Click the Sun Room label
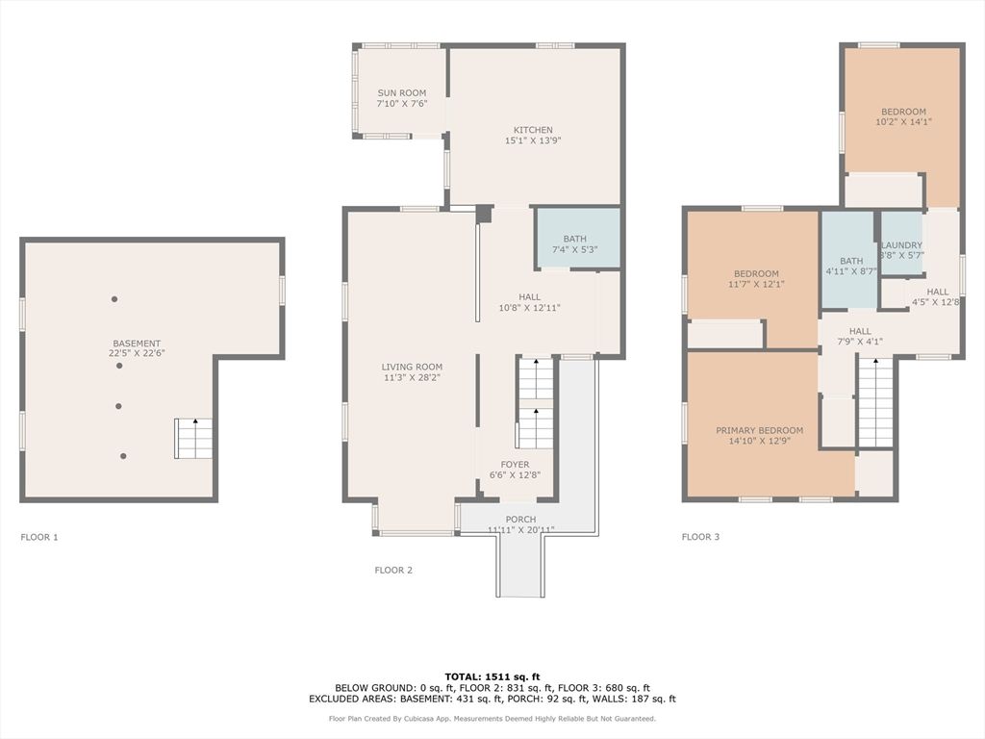coord(401,93)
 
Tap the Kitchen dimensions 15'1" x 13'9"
coord(532,140)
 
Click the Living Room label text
coord(412,367)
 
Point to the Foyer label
coord(515,465)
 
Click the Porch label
coord(521,520)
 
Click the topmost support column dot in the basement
coord(114,299)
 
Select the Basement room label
coord(137,344)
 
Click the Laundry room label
coord(901,245)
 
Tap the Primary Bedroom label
coord(759,430)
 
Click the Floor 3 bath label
coord(851,261)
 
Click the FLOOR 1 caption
coord(39,537)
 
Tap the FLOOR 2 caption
coord(393,570)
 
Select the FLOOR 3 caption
coord(700,537)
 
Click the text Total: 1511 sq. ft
coord(492,676)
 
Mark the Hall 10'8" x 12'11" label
coord(529,297)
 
